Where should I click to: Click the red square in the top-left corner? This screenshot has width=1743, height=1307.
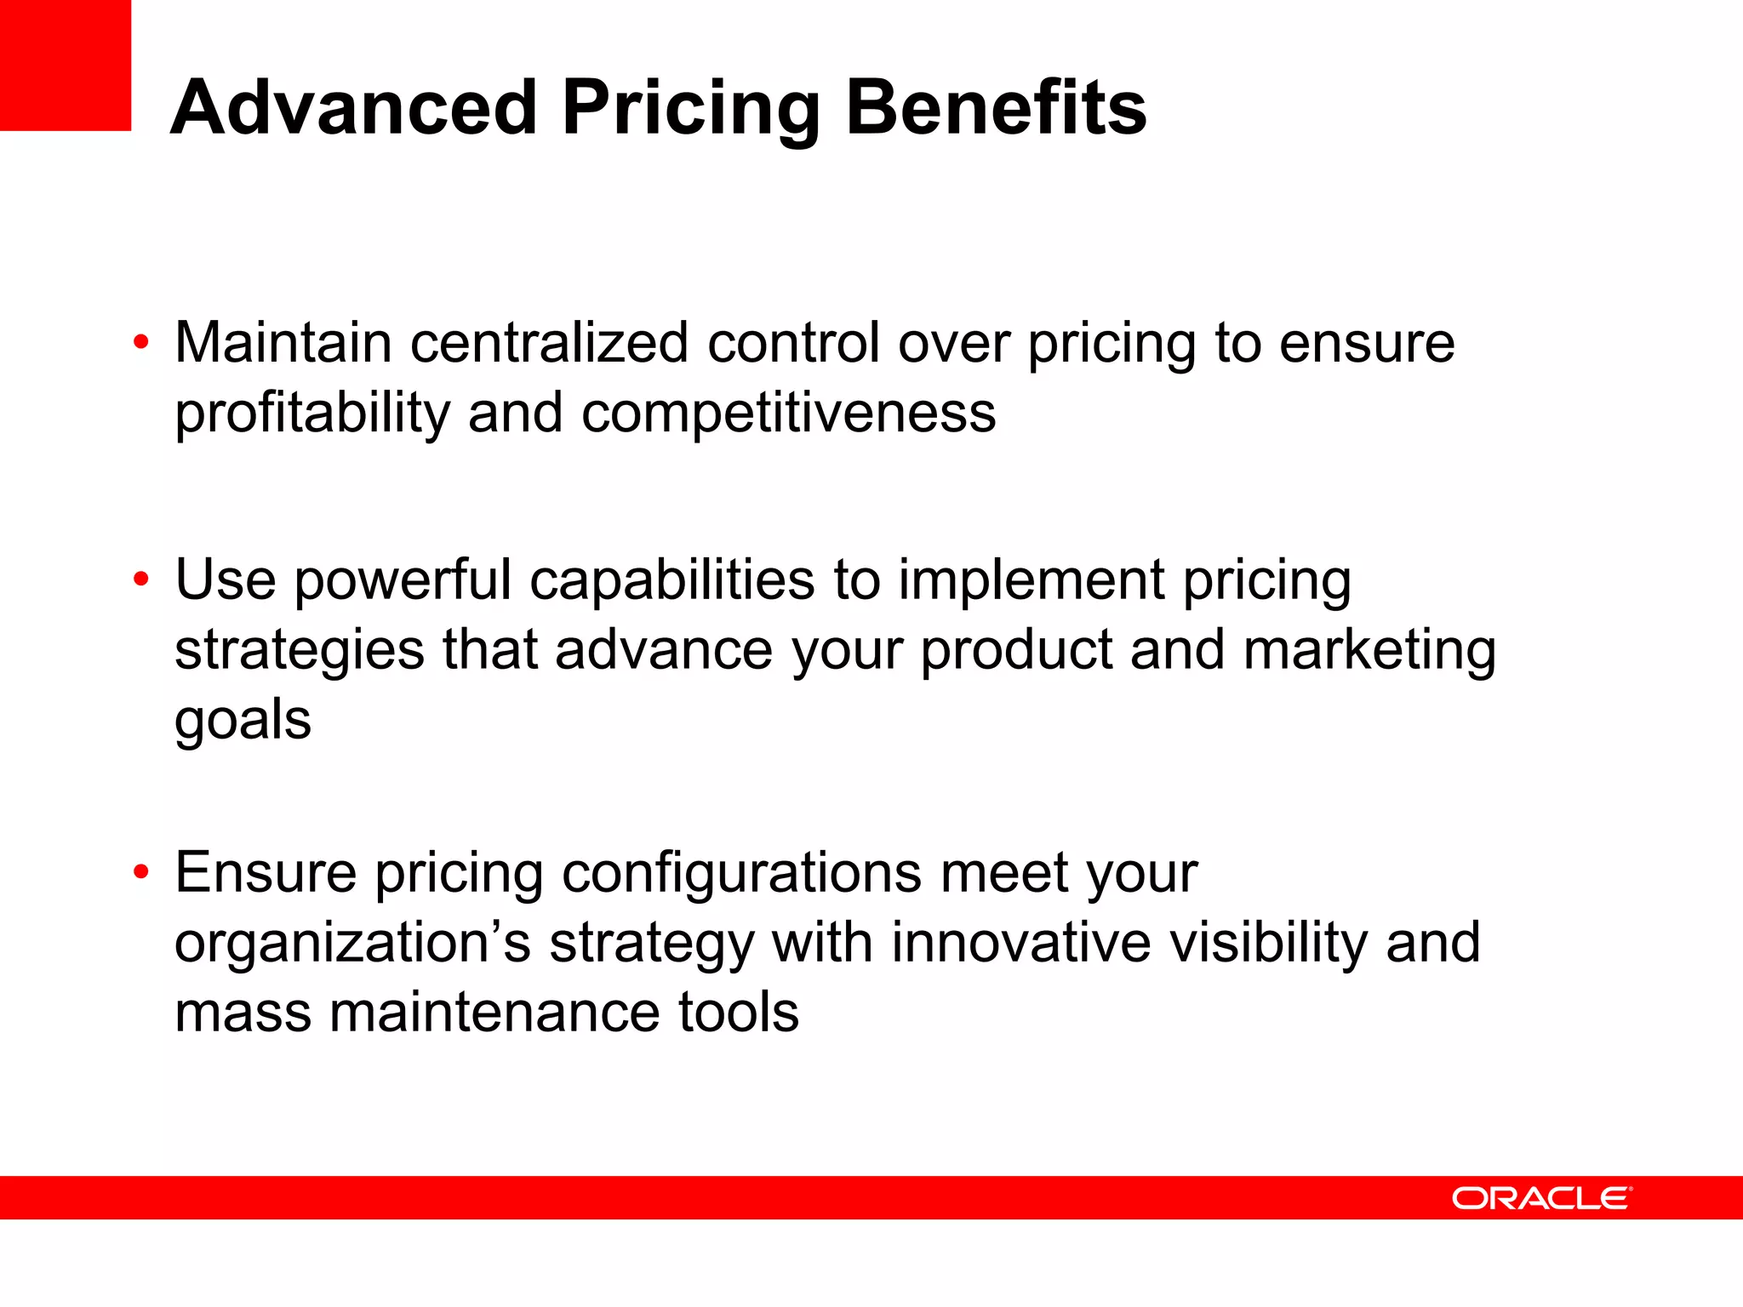[x=65, y=65]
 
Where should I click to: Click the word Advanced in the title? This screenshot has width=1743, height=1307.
[x=354, y=108]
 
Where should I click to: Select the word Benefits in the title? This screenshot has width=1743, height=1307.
[x=996, y=108]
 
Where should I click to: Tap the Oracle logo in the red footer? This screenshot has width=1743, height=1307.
[x=1541, y=1198]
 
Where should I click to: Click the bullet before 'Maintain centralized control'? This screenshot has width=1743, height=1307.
[x=141, y=343]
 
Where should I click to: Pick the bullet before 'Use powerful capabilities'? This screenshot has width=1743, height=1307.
[x=141, y=579]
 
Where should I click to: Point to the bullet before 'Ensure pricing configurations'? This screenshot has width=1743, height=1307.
[x=141, y=872]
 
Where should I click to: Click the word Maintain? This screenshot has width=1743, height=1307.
[x=283, y=343]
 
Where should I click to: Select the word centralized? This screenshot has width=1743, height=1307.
[x=549, y=343]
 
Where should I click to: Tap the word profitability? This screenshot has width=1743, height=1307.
[x=312, y=414]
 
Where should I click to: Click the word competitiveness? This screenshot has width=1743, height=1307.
[x=788, y=414]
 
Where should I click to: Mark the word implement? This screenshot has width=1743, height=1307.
[x=1032, y=581]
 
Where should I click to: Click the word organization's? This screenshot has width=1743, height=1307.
[x=352, y=943]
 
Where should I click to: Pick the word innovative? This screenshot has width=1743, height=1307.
[x=1020, y=943]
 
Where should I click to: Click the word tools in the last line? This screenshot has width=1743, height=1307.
[x=738, y=1013]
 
